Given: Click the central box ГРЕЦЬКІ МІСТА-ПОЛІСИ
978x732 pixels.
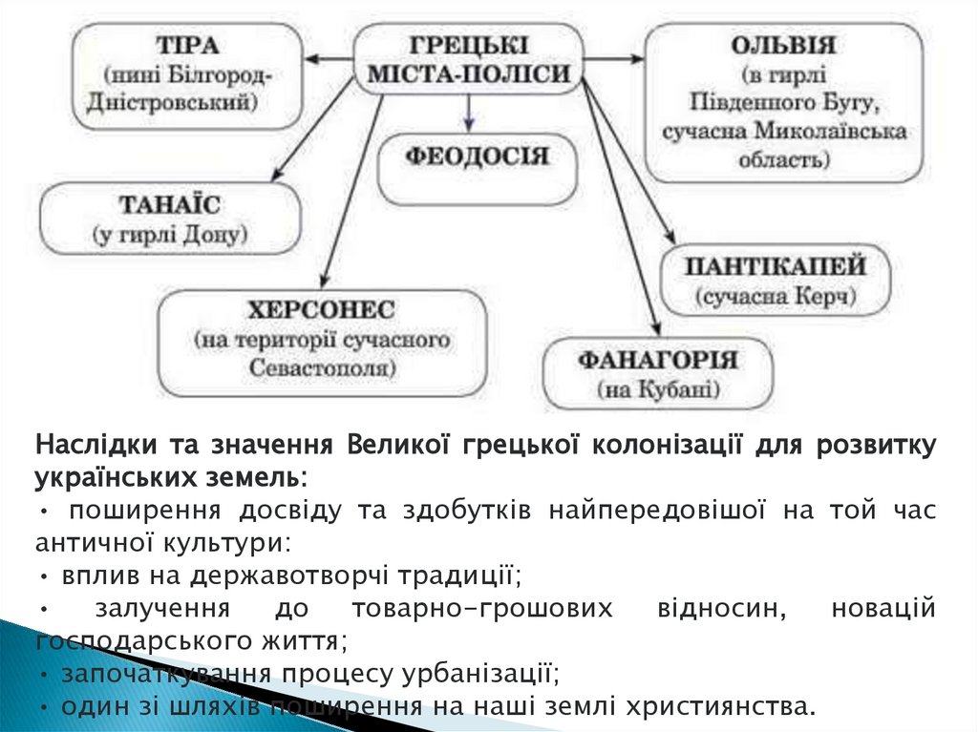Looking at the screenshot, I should tap(468, 59).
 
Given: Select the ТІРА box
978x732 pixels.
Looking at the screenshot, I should tap(187, 73).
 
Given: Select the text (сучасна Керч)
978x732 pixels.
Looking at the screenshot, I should tap(775, 296).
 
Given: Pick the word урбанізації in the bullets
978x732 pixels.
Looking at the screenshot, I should tap(478, 674).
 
